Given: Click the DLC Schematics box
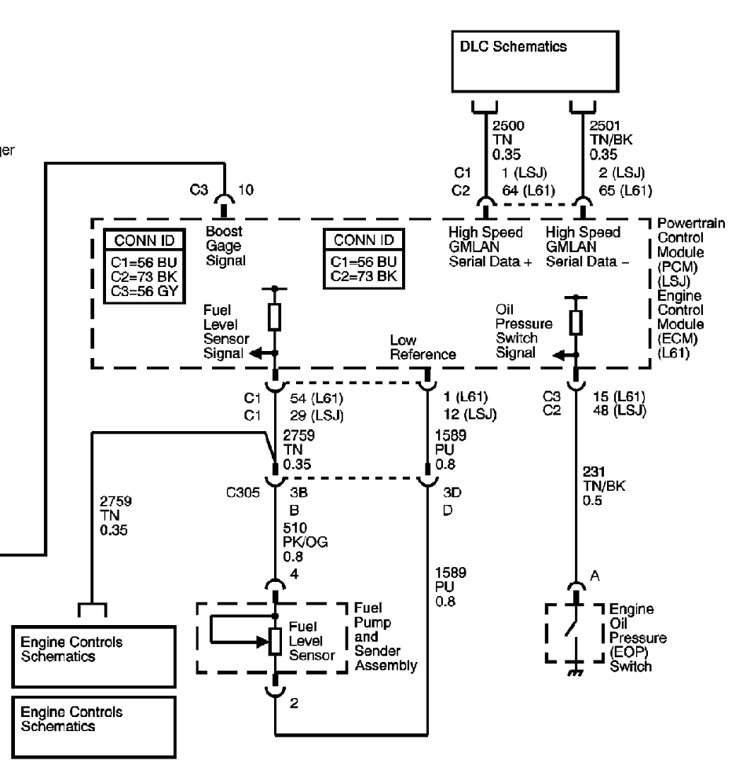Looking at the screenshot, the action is [x=535, y=61].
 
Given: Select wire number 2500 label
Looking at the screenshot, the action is [x=508, y=126].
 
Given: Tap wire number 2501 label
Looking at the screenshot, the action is [x=605, y=126].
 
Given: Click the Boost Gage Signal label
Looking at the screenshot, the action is [x=225, y=246].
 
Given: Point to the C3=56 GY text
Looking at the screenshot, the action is [x=144, y=291].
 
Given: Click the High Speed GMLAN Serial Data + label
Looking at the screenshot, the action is [x=490, y=247].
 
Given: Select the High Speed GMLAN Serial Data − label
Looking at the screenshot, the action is [x=587, y=247].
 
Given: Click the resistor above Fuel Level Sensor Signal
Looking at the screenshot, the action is [x=275, y=317].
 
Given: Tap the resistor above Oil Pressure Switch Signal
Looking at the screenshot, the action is [x=576, y=323].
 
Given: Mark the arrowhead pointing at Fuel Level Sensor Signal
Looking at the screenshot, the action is [x=254, y=353].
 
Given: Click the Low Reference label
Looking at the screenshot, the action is [x=423, y=347].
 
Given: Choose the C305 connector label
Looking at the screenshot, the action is [x=243, y=492].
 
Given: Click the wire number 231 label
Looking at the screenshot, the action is [x=593, y=471].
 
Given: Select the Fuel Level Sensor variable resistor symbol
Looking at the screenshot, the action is [x=275, y=641].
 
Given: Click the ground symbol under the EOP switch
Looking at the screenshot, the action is [x=576, y=673].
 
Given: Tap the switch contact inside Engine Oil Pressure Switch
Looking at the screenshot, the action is [x=571, y=627].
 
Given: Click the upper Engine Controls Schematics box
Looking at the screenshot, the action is [x=94, y=656].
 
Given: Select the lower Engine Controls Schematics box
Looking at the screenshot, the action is [x=94, y=727].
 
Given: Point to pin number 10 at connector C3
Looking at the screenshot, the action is [x=246, y=190].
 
